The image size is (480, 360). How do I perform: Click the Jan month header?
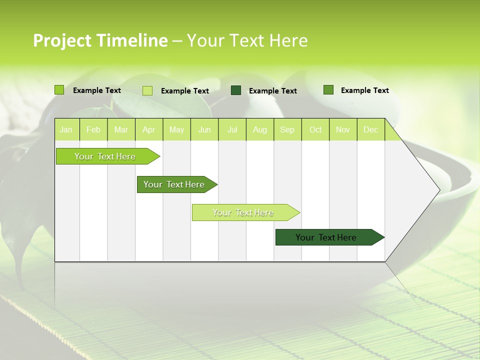[66, 129]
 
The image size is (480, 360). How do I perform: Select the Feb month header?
[93, 129]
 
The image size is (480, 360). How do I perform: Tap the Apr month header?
[148, 129]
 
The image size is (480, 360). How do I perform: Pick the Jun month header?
[204, 129]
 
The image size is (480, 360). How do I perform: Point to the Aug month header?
[259, 129]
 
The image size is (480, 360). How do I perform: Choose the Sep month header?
[287, 129]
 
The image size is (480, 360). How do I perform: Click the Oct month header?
[315, 129]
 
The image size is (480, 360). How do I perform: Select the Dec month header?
[370, 129]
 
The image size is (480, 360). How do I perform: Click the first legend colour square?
[59, 90]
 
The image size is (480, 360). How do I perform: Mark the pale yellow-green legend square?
[147, 90]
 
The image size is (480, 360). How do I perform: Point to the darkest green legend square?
[236, 90]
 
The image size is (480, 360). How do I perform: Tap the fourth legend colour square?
[328, 90]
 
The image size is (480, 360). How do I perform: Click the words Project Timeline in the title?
[100, 40]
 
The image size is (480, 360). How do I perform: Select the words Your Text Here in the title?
[247, 40]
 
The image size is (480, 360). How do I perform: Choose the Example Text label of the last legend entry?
[364, 90]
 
